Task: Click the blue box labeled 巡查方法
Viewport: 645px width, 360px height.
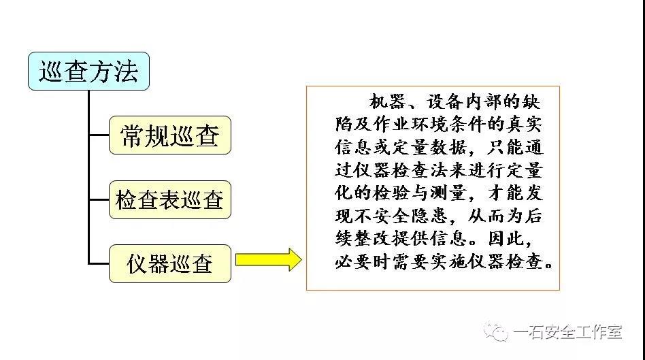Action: click(x=88, y=71)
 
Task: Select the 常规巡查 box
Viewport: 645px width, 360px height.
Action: click(x=170, y=135)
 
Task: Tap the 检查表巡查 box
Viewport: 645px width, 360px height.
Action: click(x=170, y=199)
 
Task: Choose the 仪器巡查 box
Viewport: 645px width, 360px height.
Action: click(x=170, y=264)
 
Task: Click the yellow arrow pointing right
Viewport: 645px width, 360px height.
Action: click(x=269, y=259)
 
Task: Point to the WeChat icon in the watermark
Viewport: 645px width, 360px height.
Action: click(x=496, y=331)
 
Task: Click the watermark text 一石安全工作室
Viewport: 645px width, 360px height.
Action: click(x=567, y=332)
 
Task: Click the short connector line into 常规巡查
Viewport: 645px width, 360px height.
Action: click(x=99, y=135)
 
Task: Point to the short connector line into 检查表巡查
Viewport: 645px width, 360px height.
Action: click(x=99, y=199)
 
